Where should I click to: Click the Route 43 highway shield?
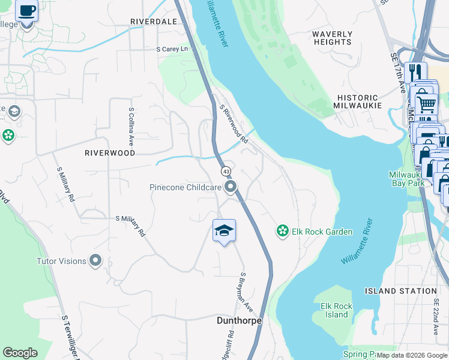click(x=226, y=171)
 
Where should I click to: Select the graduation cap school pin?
click(x=224, y=231)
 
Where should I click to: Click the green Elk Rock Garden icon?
click(x=282, y=230)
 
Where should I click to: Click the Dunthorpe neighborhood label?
click(x=239, y=321)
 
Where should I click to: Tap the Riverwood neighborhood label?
click(x=110, y=153)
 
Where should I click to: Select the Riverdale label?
click(x=154, y=22)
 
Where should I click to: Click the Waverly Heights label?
click(x=332, y=38)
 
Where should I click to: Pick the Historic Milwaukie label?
click(x=358, y=101)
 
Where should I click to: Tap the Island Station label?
click(x=401, y=291)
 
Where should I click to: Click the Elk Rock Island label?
click(x=336, y=310)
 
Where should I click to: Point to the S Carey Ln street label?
click(x=172, y=49)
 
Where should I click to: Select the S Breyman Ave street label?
click(x=247, y=292)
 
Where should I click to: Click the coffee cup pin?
click(x=26, y=11)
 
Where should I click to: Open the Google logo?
click(x=20, y=353)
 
